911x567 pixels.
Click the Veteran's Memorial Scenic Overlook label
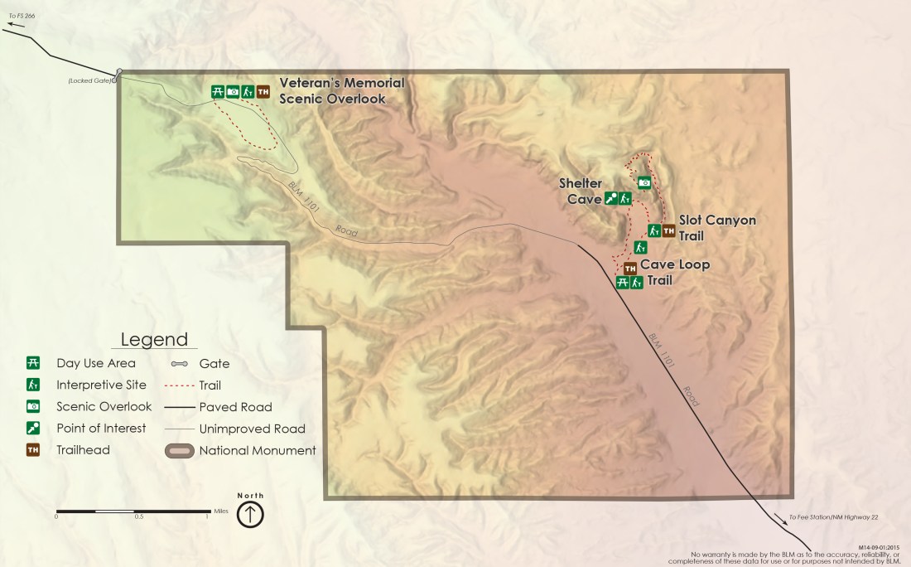(341, 90)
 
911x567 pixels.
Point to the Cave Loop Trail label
(674, 273)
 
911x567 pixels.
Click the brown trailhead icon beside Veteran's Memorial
(263, 92)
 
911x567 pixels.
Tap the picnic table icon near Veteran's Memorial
(217, 92)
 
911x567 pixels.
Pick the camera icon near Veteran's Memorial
(233, 92)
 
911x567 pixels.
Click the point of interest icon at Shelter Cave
(611, 198)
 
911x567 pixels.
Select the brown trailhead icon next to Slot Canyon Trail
(668, 230)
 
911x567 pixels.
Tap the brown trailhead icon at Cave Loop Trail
(629, 268)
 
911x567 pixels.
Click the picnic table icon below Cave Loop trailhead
(623, 283)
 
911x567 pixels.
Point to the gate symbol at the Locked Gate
(118, 75)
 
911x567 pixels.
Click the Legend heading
(154, 340)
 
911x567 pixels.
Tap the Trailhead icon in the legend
(34, 450)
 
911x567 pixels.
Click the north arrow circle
(250, 514)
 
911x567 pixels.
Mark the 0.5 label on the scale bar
(139, 516)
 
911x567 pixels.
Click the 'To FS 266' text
(22, 16)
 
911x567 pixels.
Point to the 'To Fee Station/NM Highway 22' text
(833, 517)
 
